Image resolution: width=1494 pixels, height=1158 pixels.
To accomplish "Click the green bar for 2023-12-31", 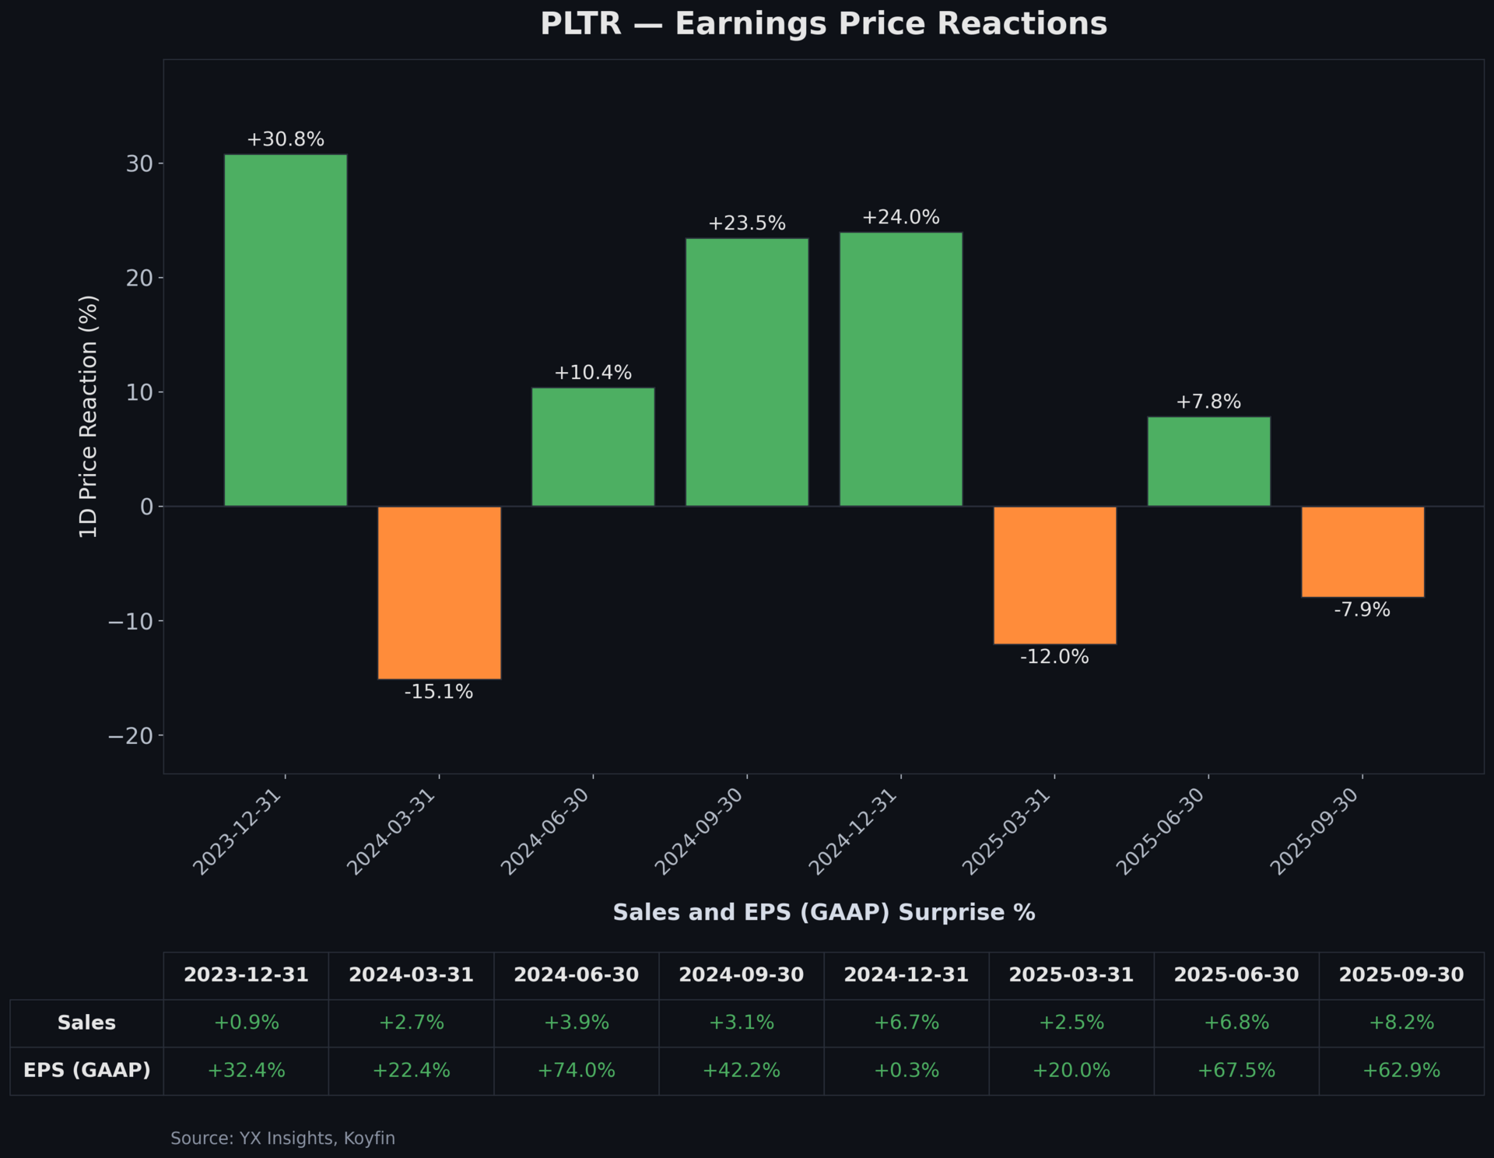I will [286, 330].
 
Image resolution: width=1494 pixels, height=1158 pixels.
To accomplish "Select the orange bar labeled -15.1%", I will [439, 592].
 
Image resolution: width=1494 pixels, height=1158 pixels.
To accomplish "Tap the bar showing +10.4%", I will [593, 447].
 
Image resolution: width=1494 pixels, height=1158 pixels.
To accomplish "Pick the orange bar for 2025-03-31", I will [1054, 575].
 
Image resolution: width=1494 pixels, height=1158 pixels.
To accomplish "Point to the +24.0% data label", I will [900, 217].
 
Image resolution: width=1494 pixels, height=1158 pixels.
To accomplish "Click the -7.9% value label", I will [1362, 609].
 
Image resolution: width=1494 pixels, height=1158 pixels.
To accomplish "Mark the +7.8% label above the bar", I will [1208, 402].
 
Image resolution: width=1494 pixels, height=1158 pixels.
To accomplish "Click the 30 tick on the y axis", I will [139, 163].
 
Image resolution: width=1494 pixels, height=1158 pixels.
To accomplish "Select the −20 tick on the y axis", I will [132, 735].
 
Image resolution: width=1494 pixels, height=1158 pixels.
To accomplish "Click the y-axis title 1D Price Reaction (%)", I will [89, 416].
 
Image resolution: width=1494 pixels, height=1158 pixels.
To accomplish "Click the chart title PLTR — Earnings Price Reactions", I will [823, 23].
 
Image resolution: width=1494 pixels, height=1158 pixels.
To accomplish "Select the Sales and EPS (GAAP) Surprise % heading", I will [823, 912].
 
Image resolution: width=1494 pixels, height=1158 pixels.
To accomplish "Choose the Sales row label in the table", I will [86, 1023].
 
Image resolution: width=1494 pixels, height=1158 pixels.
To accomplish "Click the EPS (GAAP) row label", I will [86, 1070].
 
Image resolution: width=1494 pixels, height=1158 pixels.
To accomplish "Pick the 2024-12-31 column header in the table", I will [906, 974].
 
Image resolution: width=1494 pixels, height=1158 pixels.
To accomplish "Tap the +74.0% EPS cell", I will [576, 1070].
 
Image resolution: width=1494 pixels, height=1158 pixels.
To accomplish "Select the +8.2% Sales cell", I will [1401, 1023].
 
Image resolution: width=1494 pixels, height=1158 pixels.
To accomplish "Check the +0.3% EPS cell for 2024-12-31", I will [906, 1070].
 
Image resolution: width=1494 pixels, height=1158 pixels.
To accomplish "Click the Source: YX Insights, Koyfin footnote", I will [282, 1138].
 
